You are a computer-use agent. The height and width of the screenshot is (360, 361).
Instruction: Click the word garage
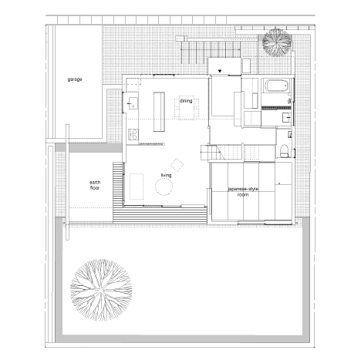point(75,79)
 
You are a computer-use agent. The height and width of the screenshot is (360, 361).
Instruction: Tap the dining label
point(186,101)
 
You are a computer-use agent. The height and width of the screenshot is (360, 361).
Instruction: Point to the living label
point(166,175)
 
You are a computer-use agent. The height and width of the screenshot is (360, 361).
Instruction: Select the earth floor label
point(95,185)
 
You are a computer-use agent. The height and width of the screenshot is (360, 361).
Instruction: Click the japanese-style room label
point(243,192)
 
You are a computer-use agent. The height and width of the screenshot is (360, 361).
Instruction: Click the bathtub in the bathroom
point(276,86)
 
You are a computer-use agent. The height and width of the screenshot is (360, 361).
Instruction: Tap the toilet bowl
point(284,151)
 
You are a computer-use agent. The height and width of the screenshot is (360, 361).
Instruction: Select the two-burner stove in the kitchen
point(133,134)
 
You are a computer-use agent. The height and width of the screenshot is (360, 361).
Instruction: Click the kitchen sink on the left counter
point(133,103)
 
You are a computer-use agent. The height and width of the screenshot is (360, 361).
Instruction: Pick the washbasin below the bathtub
point(287,118)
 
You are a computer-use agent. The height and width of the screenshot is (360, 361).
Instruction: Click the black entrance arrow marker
point(220,71)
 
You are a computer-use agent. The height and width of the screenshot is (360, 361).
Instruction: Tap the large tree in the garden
point(101,290)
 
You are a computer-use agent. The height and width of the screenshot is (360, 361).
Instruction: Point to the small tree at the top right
point(277,42)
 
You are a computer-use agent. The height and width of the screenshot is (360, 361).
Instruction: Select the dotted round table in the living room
point(164,187)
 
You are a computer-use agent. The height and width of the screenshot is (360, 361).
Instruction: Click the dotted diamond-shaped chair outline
point(177,165)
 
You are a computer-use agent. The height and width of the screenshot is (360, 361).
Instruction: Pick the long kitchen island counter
point(159,112)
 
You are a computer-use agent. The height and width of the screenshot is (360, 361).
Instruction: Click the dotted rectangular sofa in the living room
point(137,187)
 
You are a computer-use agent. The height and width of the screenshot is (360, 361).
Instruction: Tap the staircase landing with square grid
point(208,153)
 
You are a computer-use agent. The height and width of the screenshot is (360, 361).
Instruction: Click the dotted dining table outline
point(187,108)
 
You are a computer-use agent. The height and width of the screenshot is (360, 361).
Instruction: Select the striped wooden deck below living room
point(160,215)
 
